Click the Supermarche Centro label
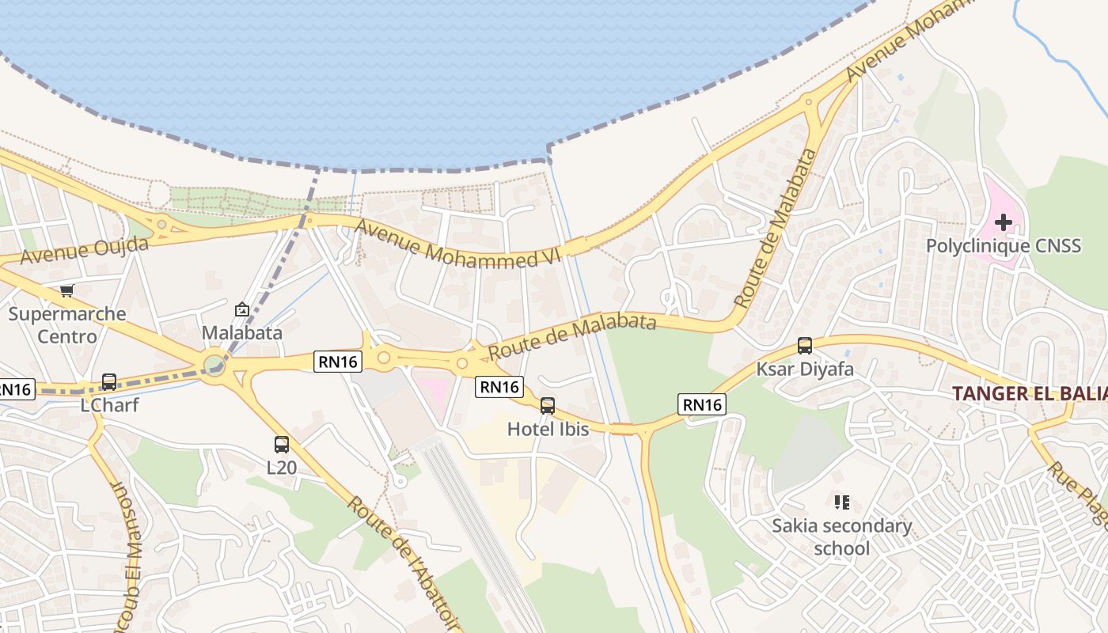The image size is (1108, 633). tap(67, 325)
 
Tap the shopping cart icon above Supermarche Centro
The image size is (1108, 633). tap(67, 291)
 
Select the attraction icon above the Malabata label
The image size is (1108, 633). tap(242, 309)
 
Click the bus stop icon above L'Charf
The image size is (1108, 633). tap(109, 382)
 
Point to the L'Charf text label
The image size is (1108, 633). tap(109, 405)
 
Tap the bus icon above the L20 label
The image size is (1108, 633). tap(282, 445)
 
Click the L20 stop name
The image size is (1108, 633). tap(282, 468)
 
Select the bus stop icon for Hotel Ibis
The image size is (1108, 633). tap(548, 407)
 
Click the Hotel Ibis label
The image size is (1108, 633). tap(548, 430)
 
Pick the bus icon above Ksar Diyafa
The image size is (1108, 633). tap(805, 346)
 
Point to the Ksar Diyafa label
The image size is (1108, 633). tap(805, 369)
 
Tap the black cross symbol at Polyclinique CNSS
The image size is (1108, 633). tap(1004, 222)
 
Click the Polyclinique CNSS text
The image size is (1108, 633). tap(1004, 245)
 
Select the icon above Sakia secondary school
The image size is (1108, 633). tap(842, 502)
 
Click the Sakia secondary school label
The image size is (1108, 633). tap(842, 536)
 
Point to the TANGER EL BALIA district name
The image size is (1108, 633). tap(1029, 393)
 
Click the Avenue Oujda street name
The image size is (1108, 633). tap(84, 251)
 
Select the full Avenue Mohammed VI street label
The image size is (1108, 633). tap(457, 243)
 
